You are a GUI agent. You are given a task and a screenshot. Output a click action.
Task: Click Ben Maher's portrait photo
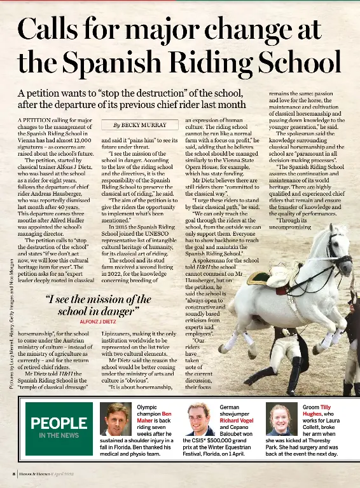point(116,419)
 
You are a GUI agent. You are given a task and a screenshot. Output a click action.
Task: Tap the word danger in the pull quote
point(113,311)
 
